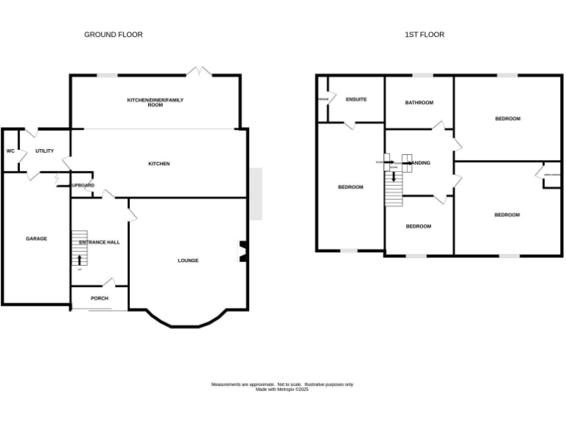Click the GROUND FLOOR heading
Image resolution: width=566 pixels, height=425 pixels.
coord(113,35)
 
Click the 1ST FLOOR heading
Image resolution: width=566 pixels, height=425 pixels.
coord(424,35)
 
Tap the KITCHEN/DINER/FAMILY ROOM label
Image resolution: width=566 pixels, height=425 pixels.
coord(155,102)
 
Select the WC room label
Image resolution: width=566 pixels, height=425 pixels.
coord(10,151)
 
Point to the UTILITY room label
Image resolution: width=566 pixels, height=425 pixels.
coord(44,151)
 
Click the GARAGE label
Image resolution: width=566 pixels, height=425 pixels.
coord(36,238)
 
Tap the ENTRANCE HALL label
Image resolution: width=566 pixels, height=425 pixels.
coord(99,242)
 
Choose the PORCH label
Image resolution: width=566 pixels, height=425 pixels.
coord(99,298)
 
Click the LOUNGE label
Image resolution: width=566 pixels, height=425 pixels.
coord(188,260)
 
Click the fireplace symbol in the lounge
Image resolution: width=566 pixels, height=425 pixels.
coord(242,252)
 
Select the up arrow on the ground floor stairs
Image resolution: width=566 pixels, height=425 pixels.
coord(80,259)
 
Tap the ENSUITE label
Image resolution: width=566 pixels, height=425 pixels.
coord(356,100)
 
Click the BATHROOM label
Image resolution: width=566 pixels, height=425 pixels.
coord(419,103)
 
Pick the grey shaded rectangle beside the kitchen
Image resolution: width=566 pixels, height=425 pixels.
coord(256,194)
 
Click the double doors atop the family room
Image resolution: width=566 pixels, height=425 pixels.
coord(197,72)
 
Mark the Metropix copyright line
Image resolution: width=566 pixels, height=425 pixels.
coord(282,390)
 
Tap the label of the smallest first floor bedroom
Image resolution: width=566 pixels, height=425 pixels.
coord(419,227)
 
